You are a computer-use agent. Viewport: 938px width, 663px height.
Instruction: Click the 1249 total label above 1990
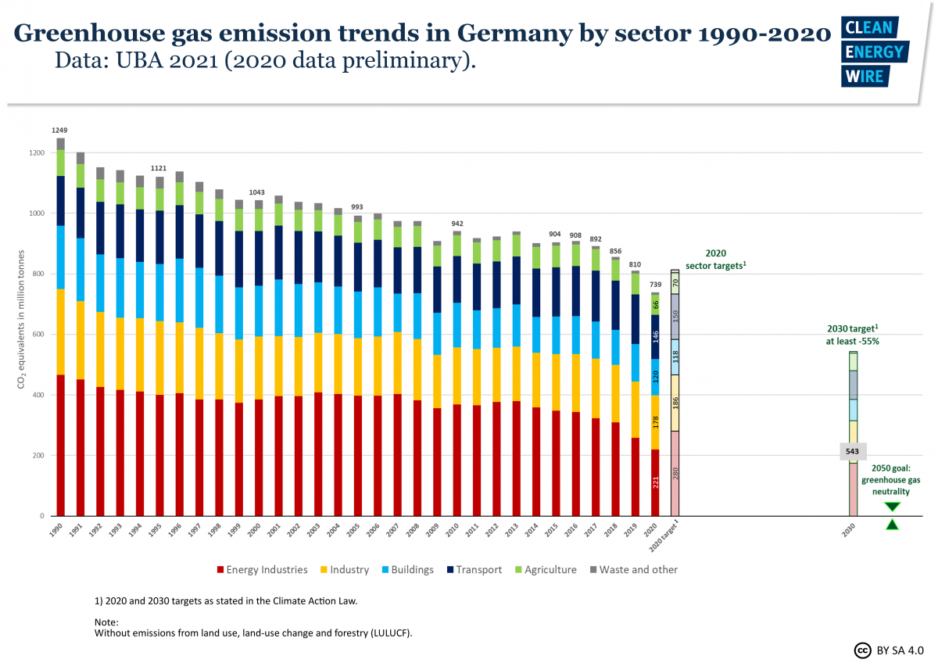[60, 130]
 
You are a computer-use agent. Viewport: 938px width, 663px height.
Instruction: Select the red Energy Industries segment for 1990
[60, 446]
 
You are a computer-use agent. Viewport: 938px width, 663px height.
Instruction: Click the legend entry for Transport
[476, 570]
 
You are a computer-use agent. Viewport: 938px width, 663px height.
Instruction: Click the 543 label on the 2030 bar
[853, 452]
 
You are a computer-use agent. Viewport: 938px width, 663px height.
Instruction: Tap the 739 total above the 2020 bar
[656, 285]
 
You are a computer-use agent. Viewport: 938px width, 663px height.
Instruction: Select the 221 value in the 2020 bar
[656, 483]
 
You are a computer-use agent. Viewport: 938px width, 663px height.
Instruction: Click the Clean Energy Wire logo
[872, 52]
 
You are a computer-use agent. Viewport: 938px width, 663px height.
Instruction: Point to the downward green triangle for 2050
[892, 507]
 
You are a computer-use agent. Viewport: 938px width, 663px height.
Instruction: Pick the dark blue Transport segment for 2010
[457, 279]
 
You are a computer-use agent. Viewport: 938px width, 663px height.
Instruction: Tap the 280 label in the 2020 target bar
[675, 473]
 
